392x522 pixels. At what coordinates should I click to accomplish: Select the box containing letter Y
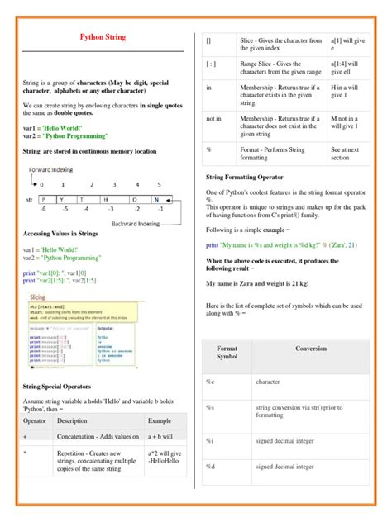click(63, 198)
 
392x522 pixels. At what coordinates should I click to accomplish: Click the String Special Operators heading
click(69, 386)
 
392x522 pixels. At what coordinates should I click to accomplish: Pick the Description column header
click(73, 420)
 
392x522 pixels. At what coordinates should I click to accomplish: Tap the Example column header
click(160, 420)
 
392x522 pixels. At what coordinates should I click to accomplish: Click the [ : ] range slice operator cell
click(211, 63)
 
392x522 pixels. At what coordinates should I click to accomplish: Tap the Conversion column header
click(311, 349)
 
